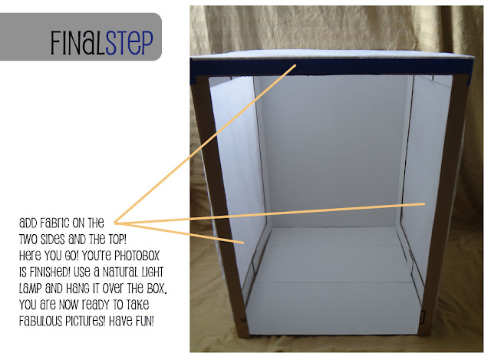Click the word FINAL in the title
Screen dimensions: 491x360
click(77, 43)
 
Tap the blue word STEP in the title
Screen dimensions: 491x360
click(129, 43)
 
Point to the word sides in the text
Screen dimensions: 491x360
click(53, 239)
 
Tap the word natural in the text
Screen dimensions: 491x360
click(120, 272)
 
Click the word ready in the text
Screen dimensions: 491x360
click(98, 305)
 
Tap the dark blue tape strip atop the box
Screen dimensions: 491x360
click(332, 67)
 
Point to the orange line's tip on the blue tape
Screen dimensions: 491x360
click(295, 64)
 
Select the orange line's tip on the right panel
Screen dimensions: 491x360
click(424, 204)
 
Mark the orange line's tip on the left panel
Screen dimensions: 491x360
click(243, 243)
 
